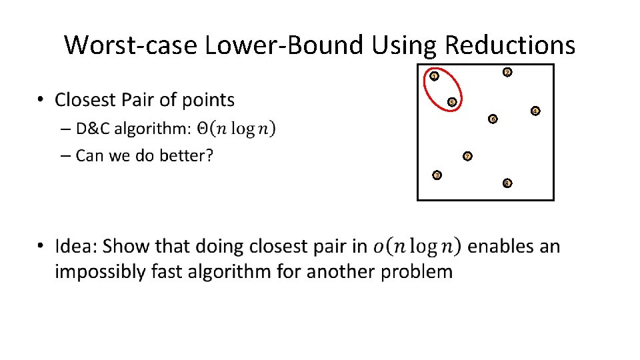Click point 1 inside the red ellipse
pos(434,76)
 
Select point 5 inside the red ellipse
pos(451,102)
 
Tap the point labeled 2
pos(507,72)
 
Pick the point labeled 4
pos(534,110)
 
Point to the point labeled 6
pos(492,119)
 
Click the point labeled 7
pos(467,157)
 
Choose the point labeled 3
pos(437,175)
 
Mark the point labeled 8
pos(507,182)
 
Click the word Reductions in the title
pos(509,45)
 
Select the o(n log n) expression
pos(417,247)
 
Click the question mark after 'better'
pos(209,156)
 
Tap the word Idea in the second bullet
pos(76,247)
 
